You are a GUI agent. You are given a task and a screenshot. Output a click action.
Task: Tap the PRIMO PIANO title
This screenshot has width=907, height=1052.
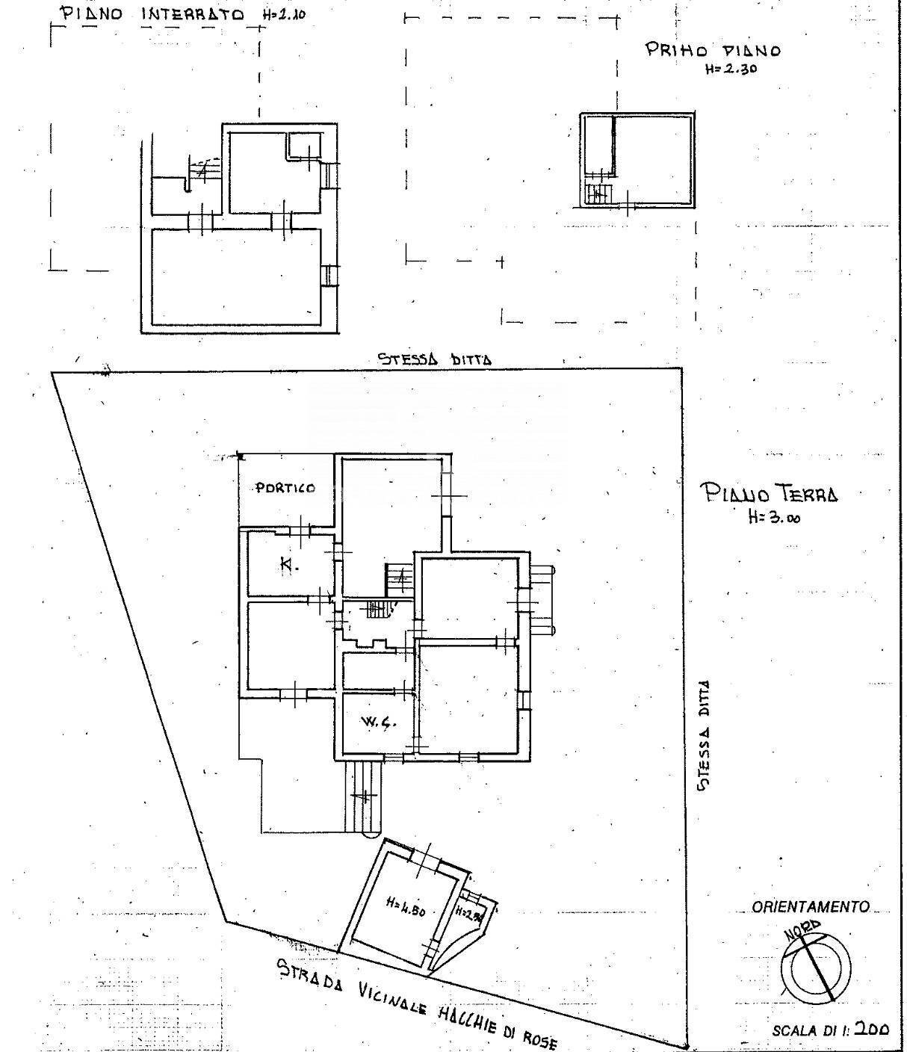[713, 50]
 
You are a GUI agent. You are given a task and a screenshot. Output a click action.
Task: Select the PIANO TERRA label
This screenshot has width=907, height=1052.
[769, 494]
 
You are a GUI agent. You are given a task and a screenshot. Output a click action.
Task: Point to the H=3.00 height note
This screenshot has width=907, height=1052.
[773, 516]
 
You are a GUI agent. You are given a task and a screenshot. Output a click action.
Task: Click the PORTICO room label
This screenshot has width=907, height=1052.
[285, 488]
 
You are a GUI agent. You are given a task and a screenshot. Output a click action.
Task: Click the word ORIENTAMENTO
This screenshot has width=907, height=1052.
[811, 907]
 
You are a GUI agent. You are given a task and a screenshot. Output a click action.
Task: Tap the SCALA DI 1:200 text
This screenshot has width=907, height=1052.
[830, 1030]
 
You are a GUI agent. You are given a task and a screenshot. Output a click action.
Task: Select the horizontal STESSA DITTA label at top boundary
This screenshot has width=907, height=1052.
[434, 359]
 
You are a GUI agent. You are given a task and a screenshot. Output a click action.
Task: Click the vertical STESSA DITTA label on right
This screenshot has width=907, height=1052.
[703, 734]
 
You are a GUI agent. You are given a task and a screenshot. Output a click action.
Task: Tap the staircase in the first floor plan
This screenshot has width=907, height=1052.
[597, 194]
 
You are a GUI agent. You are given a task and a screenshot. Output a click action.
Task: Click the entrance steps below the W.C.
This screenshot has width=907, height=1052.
[365, 796]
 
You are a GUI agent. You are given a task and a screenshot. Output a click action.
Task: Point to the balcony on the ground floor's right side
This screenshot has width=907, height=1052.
[542, 599]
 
